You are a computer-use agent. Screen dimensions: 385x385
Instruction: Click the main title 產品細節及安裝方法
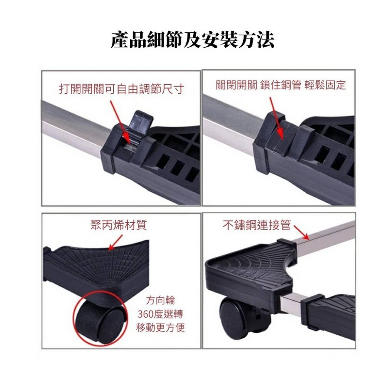[x=192, y=39]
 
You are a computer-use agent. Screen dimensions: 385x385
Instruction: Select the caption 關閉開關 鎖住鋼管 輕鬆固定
[x=281, y=85]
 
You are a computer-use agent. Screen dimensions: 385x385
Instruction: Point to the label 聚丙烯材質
[x=119, y=225]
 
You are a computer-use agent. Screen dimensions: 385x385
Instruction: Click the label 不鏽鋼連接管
[x=257, y=225]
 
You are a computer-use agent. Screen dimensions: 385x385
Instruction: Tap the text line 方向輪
[x=160, y=300]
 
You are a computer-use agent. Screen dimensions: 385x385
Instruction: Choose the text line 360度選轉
[x=160, y=314]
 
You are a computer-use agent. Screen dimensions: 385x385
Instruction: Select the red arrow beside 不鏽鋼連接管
[x=301, y=233]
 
